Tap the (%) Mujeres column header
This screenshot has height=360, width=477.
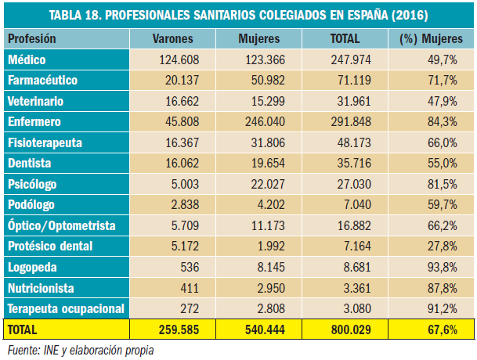(x=430, y=38)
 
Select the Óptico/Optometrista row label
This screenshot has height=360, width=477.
(x=61, y=225)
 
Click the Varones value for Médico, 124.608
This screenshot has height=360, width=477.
(x=180, y=59)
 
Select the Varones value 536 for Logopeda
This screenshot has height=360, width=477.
(x=190, y=266)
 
